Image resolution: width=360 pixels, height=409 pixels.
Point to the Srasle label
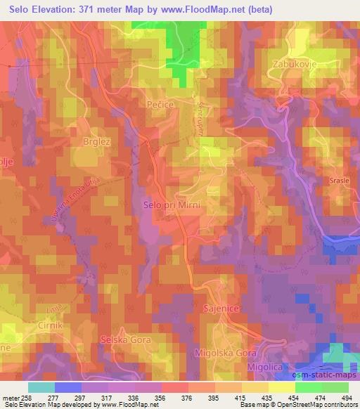tap(341, 181)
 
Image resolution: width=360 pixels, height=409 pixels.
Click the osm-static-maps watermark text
tap(328, 374)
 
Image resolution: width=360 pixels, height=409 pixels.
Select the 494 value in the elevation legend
tap(347, 397)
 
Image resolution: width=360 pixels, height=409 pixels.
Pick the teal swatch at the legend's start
tap(41, 387)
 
